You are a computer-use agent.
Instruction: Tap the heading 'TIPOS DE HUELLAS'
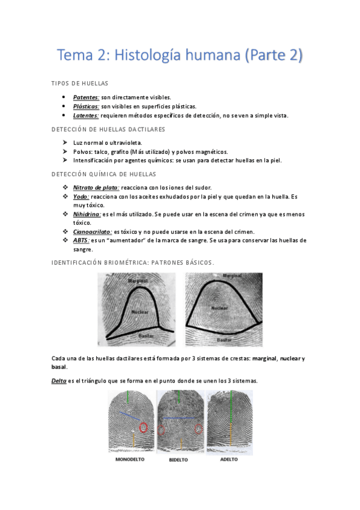[x=80, y=83]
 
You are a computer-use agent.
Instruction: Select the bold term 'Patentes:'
[x=86, y=97]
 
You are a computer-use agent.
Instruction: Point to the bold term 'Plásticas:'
[x=86, y=106]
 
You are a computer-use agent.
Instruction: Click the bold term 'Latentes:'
[x=86, y=115]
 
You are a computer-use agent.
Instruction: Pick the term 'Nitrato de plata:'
[x=96, y=188]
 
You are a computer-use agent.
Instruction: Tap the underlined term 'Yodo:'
[x=81, y=197]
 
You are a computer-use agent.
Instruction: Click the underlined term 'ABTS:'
[x=81, y=241]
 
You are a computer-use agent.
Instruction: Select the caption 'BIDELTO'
[x=178, y=460]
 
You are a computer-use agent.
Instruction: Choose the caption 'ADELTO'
[x=228, y=459]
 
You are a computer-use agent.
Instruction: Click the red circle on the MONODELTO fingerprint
[x=144, y=428]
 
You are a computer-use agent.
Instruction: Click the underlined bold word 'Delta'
[x=59, y=381]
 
